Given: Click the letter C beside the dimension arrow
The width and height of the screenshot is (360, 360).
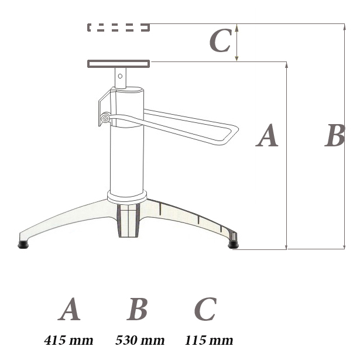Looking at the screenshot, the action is [220, 40].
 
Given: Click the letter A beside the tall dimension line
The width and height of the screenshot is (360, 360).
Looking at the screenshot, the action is [267, 135].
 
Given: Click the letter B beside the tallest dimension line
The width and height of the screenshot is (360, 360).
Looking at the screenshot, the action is [335, 135].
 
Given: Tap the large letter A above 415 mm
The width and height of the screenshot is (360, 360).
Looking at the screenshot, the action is [69, 309].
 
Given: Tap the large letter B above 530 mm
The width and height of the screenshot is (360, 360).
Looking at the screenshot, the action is [137, 309].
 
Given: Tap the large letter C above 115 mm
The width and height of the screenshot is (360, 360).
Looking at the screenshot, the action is [205, 309].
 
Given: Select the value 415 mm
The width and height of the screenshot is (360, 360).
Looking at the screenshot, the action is [68, 340].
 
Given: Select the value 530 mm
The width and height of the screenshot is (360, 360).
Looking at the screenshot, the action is [140, 340].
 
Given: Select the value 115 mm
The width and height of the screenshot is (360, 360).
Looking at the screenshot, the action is [209, 340].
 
